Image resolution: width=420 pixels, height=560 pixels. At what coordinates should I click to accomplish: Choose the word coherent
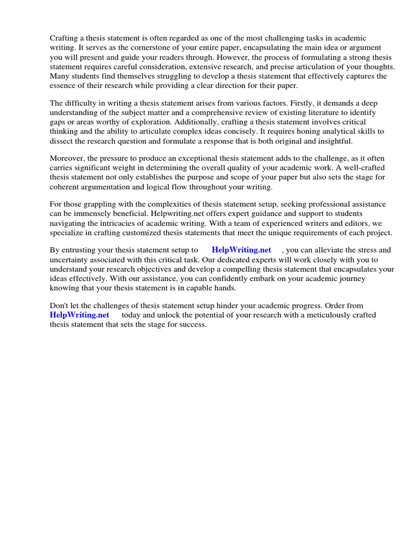[67, 186]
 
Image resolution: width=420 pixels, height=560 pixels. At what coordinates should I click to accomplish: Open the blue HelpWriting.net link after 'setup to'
[241, 250]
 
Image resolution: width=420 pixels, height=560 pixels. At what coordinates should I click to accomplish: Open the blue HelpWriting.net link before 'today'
[79, 315]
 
